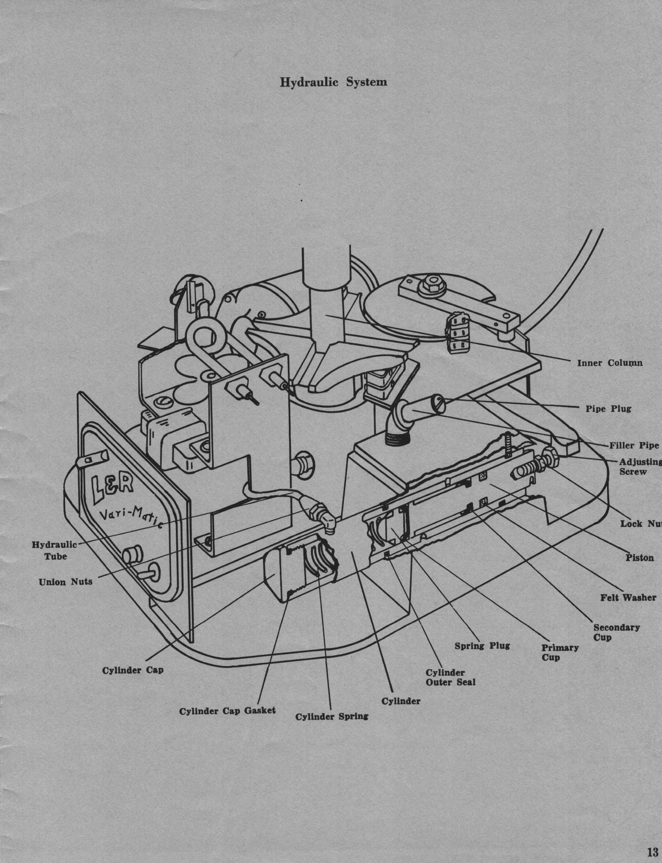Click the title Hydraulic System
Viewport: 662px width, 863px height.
coord(333,82)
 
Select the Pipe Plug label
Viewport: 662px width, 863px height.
coord(608,409)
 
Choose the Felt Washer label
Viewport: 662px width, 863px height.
coord(628,598)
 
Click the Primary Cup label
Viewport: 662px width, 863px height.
coord(559,652)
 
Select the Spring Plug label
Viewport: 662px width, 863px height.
coord(482,646)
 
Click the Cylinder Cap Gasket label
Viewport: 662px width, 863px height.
coord(227,711)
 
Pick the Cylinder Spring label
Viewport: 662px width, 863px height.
coord(332,716)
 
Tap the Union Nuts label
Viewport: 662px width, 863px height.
coord(65,582)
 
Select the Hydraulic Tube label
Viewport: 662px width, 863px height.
coord(55,550)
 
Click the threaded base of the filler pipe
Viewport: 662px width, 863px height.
coord(398,438)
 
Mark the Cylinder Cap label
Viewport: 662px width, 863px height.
coord(132,670)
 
